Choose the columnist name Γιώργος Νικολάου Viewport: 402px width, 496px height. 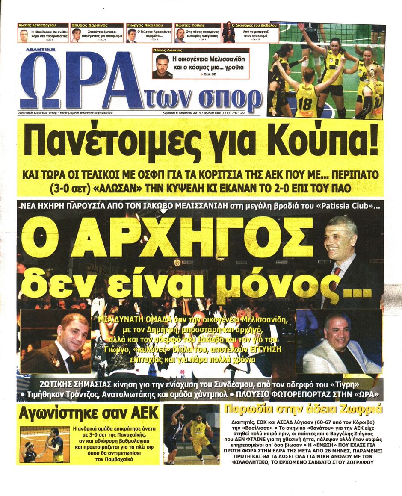(144, 26)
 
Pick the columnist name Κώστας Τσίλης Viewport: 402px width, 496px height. (191, 26)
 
